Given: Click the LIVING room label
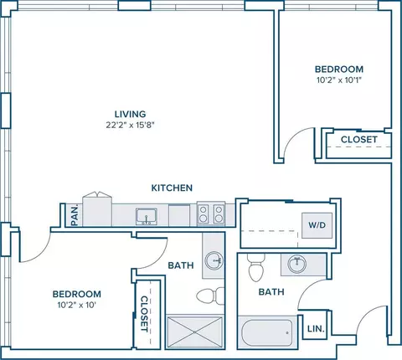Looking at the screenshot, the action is pos(130,114).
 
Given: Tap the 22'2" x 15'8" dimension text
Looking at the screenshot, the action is pos(130,125).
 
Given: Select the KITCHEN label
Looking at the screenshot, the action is pos(172,188).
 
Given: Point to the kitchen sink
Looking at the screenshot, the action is pos(147,217).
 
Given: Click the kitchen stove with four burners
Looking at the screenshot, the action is pos(211,213).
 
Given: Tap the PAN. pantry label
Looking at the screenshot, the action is pos(75,216).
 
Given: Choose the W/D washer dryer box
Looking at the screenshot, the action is pos(317,225).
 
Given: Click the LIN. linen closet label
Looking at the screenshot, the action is pos(316,329).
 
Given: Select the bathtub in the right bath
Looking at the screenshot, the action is pos(267,332).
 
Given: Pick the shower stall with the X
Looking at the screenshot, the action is pos(195,332).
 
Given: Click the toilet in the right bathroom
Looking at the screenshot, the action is pos(256,267).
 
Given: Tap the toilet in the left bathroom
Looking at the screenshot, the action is pos(210,296).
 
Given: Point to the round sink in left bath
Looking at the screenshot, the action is pos(214,260).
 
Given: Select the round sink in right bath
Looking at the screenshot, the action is pos(297,264).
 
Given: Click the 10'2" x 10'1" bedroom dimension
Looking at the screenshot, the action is pos(339,80).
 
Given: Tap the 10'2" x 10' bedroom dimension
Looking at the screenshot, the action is pos(77,305).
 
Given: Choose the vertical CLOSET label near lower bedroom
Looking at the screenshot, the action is pos(144,314).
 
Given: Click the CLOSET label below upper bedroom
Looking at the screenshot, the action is pos(359,139).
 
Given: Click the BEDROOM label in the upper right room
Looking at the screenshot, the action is pos(339,69).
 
